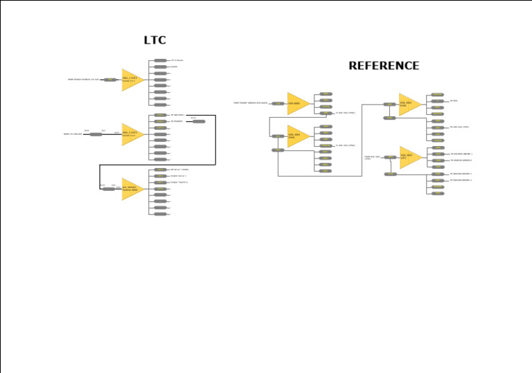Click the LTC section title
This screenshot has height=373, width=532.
point(154,41)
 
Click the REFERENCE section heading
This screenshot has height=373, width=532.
point(383,66)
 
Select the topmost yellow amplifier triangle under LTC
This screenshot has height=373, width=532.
point(132,80)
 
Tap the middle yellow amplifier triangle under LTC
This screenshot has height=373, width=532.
point(132,134)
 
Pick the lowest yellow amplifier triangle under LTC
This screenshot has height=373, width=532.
point(132,189)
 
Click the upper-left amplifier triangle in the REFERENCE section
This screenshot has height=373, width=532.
point(297,104)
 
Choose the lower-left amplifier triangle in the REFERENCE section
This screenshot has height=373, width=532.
point(297,136)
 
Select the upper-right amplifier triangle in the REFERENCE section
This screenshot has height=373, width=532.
point(409,104)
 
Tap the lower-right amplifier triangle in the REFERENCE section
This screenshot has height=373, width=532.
point(409,157)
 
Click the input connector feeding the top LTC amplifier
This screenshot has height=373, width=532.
point(110,80)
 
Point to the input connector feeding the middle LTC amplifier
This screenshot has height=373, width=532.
point(96,134)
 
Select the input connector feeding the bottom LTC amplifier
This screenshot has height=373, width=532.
point(109,188)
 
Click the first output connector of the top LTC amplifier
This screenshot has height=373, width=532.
point(160,60)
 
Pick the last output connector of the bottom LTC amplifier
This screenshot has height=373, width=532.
point(160,214)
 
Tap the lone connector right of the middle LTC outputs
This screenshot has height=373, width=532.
point(199,122)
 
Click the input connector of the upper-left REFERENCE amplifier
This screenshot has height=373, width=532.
point(278,104)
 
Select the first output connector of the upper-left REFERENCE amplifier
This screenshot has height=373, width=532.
point(326,94)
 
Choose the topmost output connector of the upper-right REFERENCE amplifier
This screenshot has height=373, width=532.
point(437,95)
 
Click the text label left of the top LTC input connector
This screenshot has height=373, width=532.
point(83,80)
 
